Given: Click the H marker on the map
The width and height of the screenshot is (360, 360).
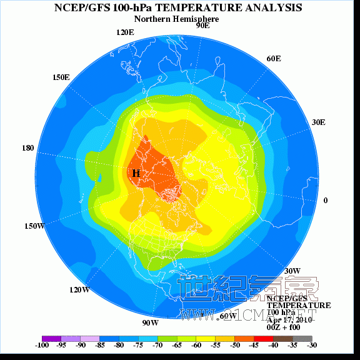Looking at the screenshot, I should point(136,172).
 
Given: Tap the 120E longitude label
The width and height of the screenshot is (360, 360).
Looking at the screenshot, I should point(125,32).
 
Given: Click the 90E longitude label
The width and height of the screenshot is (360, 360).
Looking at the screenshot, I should point(202,26).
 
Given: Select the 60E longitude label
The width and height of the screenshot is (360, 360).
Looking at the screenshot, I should point(273,59).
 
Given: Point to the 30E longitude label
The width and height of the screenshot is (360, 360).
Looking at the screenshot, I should point(319,122).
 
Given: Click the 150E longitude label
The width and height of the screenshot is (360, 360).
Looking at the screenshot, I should point(61,77).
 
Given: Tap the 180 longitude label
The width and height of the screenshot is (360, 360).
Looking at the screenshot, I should point(28,148).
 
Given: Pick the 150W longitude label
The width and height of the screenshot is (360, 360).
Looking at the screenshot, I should point(35,226).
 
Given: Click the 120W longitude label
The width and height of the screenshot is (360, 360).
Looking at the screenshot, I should point(79,290).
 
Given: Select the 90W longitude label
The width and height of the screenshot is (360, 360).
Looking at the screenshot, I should point(150,322).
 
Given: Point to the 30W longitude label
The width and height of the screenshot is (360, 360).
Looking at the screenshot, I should point(293,271).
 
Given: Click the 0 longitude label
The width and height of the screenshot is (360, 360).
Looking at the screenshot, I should point(326,200).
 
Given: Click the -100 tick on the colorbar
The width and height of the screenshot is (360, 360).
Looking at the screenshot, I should point(42,345).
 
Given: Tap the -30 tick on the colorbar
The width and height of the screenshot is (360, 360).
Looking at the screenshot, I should point(312,345).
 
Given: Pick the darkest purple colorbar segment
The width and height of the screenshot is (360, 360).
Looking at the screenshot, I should point(51,338).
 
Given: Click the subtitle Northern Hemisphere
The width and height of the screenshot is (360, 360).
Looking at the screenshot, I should point(177,19).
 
